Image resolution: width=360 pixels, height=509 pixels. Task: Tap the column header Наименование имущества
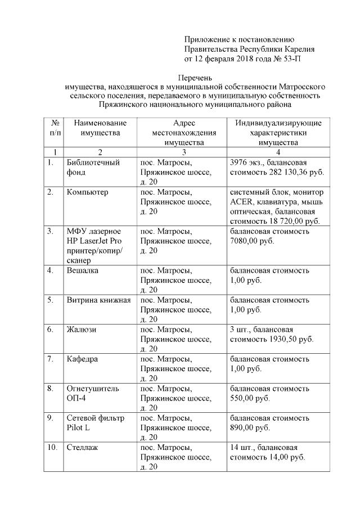point(100,128)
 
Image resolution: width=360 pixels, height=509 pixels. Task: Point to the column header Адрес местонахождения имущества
point(184,133)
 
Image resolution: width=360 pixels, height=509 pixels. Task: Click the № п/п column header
point(55,128)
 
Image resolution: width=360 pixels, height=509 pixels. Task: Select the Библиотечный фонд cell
point(93,168)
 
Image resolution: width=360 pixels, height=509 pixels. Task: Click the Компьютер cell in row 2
point(87,192)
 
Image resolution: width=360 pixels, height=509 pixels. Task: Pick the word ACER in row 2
point(241,202)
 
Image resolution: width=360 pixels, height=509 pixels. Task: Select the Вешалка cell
point(83,271)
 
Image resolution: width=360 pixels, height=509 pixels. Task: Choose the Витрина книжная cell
point(98,300)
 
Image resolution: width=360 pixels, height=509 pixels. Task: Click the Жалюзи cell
point(81,329)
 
